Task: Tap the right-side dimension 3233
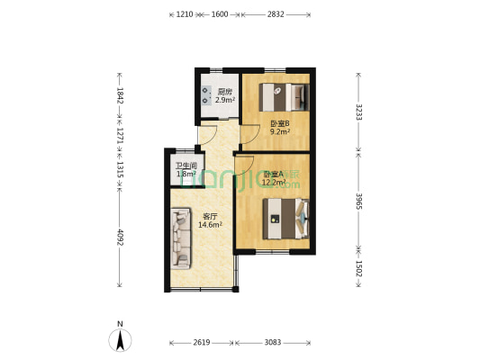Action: pyautogui.click(x=359, y=112)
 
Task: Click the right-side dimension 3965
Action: pyautogui.click(x=359, y=200)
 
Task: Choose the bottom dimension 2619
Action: pyautogui.click(x=202, y=343)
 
